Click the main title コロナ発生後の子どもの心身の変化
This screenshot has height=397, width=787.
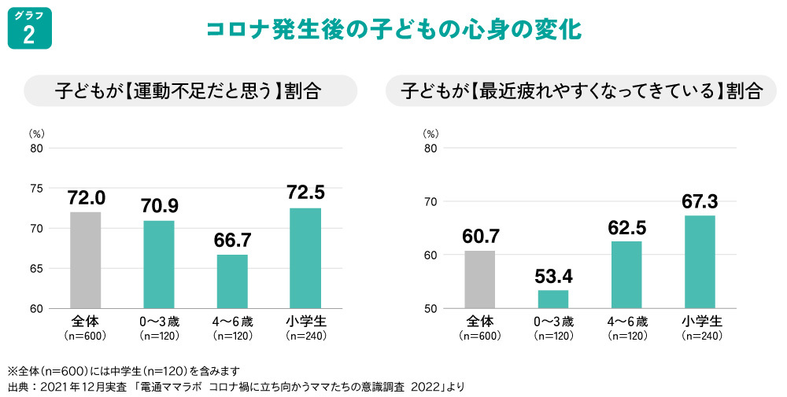pos(393,31)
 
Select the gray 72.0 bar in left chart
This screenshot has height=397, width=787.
pos(86,259)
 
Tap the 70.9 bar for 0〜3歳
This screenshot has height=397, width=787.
pos(159,264)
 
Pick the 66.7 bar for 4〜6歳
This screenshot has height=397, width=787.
pos(232,281)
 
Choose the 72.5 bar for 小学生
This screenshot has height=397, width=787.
pos(305,258)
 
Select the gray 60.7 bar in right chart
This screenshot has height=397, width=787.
pos(479,279)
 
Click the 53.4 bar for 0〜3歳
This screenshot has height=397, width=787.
pos(552,299)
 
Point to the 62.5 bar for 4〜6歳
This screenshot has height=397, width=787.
pos(626,274)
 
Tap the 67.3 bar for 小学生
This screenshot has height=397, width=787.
pos(700,262)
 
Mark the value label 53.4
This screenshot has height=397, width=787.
pos(552,276)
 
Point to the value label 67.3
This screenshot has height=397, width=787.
pos(700,201)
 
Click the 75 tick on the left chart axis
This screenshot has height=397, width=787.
pos(36,188)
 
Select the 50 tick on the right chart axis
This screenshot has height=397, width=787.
pos(430,308)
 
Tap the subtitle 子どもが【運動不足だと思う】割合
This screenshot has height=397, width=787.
pos(188,90)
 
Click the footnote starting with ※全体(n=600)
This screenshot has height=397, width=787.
pos(123,370)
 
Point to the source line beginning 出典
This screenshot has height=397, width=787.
pos(236,386)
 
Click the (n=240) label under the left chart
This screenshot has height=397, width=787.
pos(305,336)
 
